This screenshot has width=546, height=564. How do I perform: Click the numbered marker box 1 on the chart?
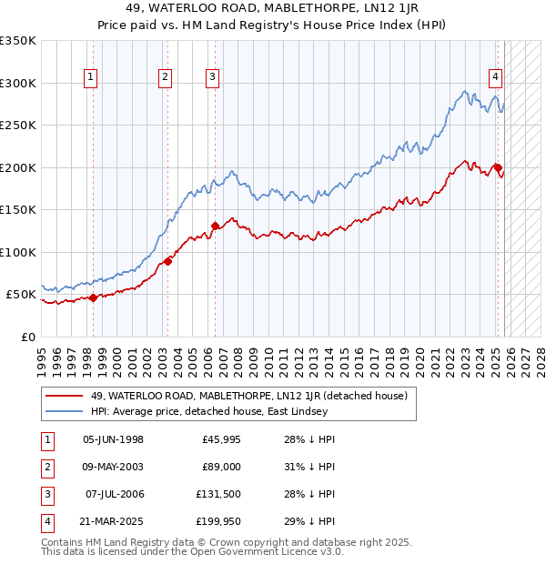(x=92, y=78)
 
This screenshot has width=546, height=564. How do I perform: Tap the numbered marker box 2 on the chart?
(x=165, y=78)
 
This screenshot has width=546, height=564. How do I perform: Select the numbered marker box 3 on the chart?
(x=211, y=78)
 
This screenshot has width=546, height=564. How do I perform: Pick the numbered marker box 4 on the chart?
(x=495, y=78)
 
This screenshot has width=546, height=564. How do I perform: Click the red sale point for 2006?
(x=215, y=226)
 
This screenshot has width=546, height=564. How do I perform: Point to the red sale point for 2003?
(x=168, y=262)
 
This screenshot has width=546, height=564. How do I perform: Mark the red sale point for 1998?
(x=94, y=297)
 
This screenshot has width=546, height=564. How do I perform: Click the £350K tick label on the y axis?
(x=18, y=41)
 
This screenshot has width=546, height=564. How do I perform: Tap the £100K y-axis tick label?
(x=18, y=252)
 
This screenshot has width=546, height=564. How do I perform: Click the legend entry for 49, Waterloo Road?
(x=254, y=395)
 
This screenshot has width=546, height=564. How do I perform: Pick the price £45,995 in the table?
(x=221, y=439)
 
